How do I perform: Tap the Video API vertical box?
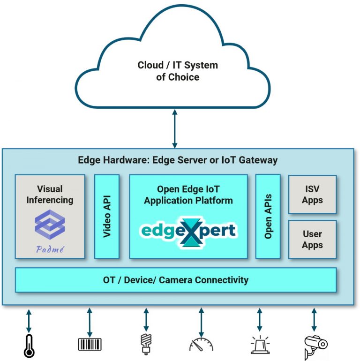pos(106,216)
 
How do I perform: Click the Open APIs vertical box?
pos(268,216)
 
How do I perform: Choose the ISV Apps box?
pos(312,194)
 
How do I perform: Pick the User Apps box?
pos(312,239)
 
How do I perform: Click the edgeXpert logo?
pos(188,230)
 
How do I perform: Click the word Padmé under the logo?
pos(50,248)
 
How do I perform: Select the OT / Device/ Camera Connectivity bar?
pos(175,280)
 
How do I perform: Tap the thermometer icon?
pos(29,346)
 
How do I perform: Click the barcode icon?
pos(90,345)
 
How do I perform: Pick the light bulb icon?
pos(146,344)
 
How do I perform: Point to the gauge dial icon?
pos(201,345)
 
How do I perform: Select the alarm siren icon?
pos(260,345)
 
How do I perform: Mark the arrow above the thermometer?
pos(29,320)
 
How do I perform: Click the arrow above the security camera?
pos(314,320)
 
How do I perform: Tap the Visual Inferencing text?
pos(50,194)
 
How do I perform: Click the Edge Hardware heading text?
pos(177,160)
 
